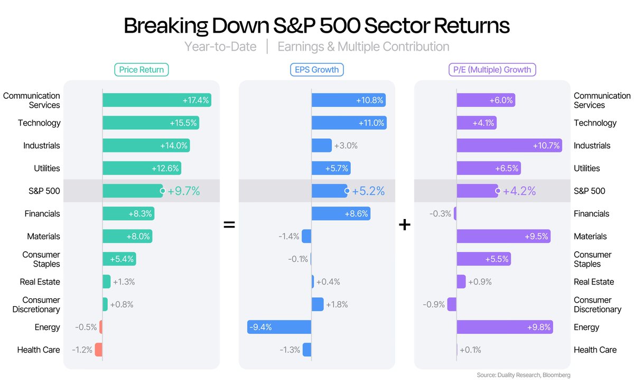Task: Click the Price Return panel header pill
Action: click(x=142, y=70)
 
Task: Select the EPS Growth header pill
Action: click(x=316, y=70)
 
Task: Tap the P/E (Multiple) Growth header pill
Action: click(x=492, y=70)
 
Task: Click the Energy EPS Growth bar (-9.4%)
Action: click(x=279, y=327)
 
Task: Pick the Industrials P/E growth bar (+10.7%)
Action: click(x=509, y=146)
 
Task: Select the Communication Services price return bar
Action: click(x=156, y=100)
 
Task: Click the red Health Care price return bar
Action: click(x=98, y=350)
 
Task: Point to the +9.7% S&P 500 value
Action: click(x=184, y=191)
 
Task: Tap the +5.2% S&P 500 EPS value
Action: click(x=369, y=191)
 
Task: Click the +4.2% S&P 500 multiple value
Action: click(x=519, y=191)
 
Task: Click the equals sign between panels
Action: click(x=229, y=225)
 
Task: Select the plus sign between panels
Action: click(x=404, y=225)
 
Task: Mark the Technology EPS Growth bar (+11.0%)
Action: click(x=349, y=123)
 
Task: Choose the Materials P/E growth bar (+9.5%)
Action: click(x=504, y=236)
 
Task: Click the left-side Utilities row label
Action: click(x=47, y=168)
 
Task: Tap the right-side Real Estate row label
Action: click(x=594, y=282)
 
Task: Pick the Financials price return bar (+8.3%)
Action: click(x=128, y=214)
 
